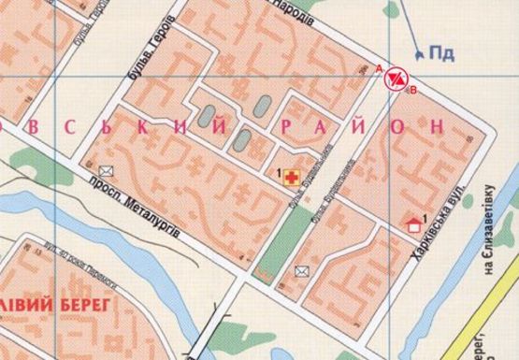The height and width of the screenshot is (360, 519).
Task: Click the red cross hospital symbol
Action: coord(290,175)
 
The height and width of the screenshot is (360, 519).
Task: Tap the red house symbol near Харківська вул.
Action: coord(413,224)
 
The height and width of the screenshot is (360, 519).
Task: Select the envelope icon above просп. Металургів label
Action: coord(105,170)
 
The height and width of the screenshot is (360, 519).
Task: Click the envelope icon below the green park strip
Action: coord(301,271)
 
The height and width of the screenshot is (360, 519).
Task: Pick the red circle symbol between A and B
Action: coord(396,78)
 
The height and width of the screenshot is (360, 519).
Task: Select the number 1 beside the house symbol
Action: coord(425,218)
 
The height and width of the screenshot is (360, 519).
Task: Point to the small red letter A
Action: coord(378,69)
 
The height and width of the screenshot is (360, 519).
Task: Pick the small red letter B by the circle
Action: coord(411,90)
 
